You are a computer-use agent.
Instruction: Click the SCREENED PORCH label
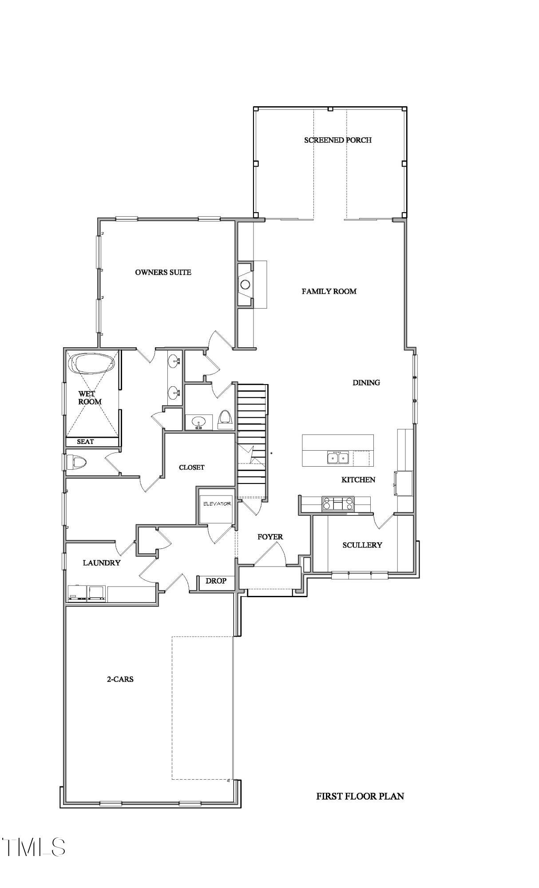coord(337,140)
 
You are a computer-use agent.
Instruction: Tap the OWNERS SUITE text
coord(163,272)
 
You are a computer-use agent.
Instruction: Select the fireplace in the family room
coord(245,284)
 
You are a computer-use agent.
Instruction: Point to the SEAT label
coord(85,442)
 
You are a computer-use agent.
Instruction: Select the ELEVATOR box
coord(217,509)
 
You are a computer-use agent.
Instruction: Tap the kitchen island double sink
coord(337,457)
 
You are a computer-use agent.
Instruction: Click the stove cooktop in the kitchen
coord(338,503)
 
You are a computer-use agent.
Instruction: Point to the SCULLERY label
coord(362,545)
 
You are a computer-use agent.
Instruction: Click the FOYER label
coord(270,537)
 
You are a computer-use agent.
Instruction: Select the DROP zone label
coord(216,581)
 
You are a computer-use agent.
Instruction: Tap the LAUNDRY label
coord(102,563)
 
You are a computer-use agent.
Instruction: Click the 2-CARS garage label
coord(120,679)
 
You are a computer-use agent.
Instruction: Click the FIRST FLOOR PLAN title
coord(360,797)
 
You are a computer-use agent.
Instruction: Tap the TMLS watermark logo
coord(33,847)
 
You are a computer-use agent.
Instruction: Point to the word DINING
coord(366,382)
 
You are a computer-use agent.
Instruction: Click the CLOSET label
coord(191,468)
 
